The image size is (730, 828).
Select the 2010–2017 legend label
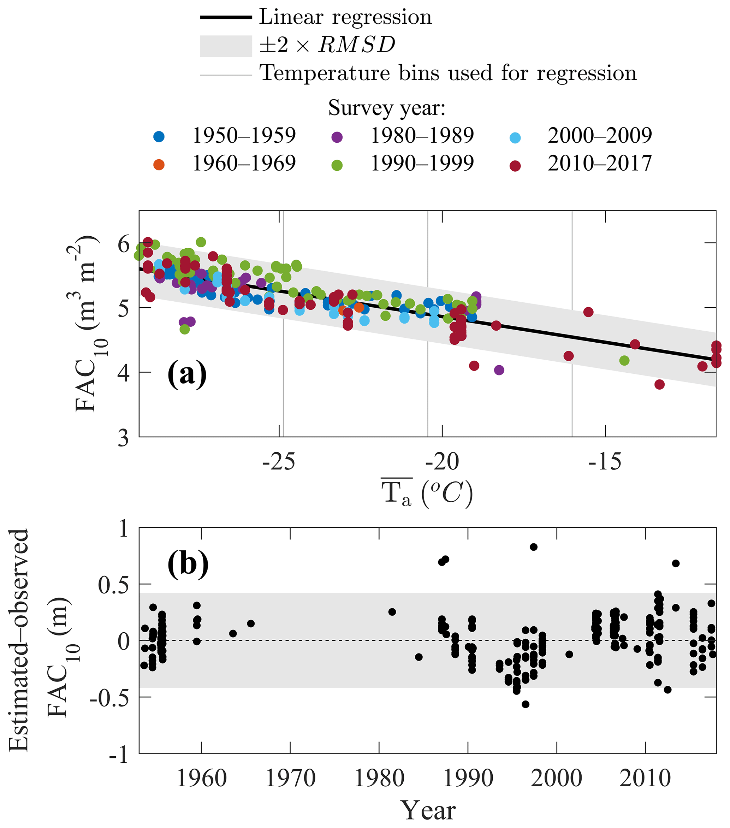coord(600,164)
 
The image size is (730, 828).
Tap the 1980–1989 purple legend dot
coord(337,137)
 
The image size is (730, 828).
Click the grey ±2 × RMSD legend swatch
coord(226,46)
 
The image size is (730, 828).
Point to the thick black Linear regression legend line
coord(226,17)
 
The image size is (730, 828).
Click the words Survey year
coord(386,108)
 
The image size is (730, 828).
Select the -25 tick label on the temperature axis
coord(279,462)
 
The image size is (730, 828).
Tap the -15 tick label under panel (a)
coord(605,462)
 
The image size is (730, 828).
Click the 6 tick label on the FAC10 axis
coord(124,244)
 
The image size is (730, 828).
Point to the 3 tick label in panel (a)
coord(124,438)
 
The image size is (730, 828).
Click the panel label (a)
coord(187,375)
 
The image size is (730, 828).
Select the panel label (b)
coord(188,563)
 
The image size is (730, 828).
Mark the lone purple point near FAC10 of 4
coord(499,370)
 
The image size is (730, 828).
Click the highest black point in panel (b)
coord(534,547)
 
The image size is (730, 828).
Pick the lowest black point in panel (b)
coord(526,704)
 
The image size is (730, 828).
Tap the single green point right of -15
coord(624,360)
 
